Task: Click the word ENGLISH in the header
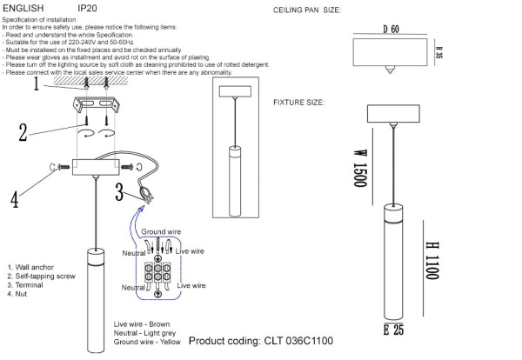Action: click(23, 8)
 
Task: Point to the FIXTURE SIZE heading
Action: click(299, 102)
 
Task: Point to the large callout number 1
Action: click(37, 85)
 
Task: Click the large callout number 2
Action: click(23, 131)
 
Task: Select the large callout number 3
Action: click(119, 192)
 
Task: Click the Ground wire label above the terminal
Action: click(162, 233)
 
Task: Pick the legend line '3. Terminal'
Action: click(26, 285)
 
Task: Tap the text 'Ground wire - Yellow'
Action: click(149, 342)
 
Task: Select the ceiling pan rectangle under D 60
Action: click(390, 50)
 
